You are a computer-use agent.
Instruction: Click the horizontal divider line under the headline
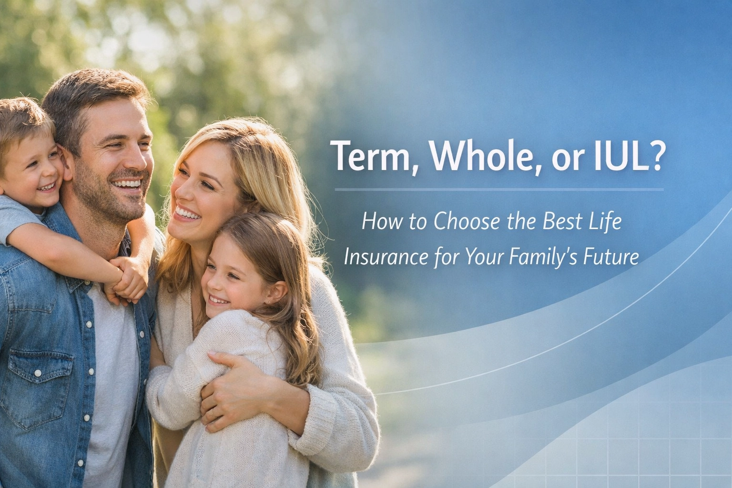(499, 190)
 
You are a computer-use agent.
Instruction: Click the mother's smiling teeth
(187, 213)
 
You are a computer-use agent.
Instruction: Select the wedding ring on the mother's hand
(213, 412)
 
